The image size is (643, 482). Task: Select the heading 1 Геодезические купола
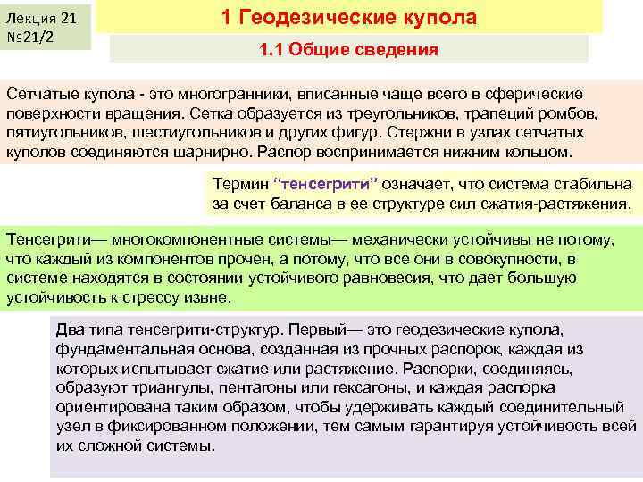pyautogui.click(x=348, y=18)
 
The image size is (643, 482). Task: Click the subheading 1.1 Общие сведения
pyautogui.click(x=348, y=50)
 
